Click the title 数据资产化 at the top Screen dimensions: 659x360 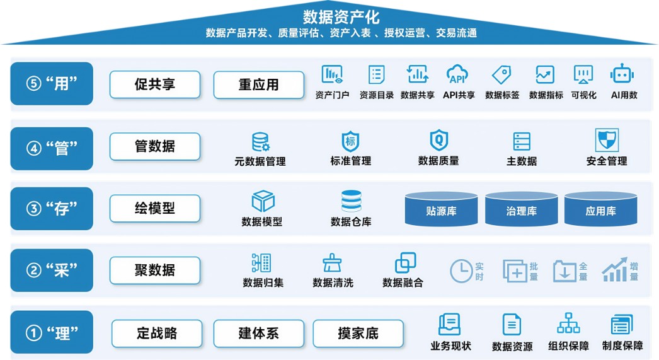pyautogui.click(x=341, y=16)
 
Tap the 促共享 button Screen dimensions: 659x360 pyautogui.click(x=155, y=84)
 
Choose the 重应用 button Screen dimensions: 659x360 pyautogui.click(x=258, y=84)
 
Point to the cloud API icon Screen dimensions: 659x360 pyautogui.click(x=457, y=74)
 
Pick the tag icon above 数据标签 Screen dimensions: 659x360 pyautogui.click(x=501, y=74)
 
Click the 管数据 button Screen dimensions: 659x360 pyautogui.click(x=155, y=146)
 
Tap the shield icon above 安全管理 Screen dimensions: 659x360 pyautogui.click(x=607, y=140)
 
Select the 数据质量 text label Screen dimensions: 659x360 pyautogui.click(x=438, y=161)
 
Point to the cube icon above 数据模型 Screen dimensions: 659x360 pyautogui.click(x=263, y=201)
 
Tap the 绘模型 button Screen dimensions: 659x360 pyautogui.click(x=155, y=208)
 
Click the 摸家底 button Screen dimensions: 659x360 pyautogui.click(x=358, y=334)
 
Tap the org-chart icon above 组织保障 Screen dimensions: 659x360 pyautogui.click(x=568, y=323)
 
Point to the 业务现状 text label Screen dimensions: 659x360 pyautogui.click(x=450, y=346)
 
